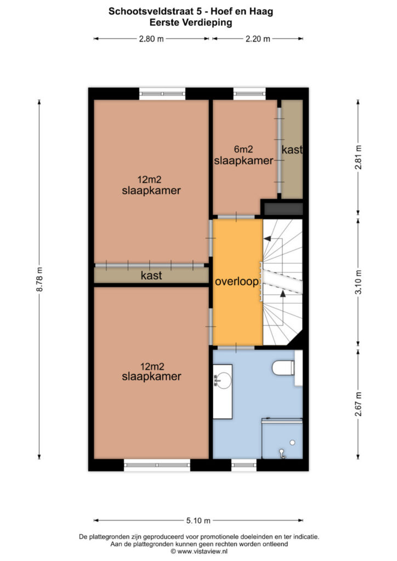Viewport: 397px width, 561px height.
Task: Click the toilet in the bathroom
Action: click(x=283, y=368)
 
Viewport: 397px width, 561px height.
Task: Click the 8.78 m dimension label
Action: click(x=39, y=279)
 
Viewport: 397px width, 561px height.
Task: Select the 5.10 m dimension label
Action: click(x=198, y=520)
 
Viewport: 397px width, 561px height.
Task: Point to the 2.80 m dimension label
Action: click(x=151, y=39)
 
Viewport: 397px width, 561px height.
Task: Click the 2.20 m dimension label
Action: click(x=258, y=39)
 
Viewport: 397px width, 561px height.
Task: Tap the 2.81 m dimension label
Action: click(x=358, y=157)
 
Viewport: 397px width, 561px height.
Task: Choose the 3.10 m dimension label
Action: click(x=358, y=282)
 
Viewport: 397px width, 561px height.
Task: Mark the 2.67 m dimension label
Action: click(x=358, y=404)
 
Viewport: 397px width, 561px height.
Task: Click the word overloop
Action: click(x=237, y=282)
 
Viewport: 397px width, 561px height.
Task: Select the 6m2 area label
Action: click(x=243, y=149)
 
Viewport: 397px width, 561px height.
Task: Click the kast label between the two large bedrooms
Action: click(x=151, y=276)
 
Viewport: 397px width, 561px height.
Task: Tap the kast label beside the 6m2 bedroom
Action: click(x=292, y=150)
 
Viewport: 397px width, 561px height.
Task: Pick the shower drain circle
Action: click(x=292, y=443)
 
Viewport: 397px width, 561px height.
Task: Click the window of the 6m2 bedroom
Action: click(x=249, y=94)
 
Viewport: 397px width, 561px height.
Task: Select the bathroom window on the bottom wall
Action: click(x=244, y=465)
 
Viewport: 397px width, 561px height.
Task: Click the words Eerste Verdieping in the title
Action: click(x=191, y=22)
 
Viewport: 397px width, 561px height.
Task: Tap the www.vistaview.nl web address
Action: click(x=202, y=551)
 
